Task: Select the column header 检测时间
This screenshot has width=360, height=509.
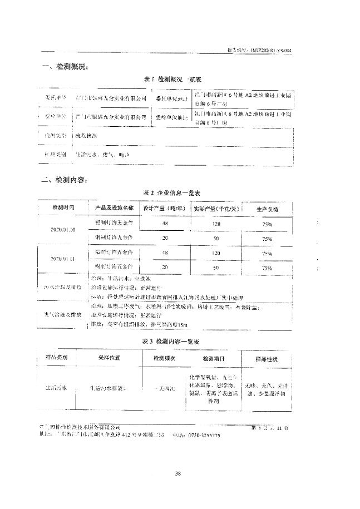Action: tap(63, 207)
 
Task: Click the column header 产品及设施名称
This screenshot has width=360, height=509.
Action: tap(114, 207)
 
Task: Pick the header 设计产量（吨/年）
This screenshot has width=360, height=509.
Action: tap(164, 208)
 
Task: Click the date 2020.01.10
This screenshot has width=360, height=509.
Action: tap(63, 229)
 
